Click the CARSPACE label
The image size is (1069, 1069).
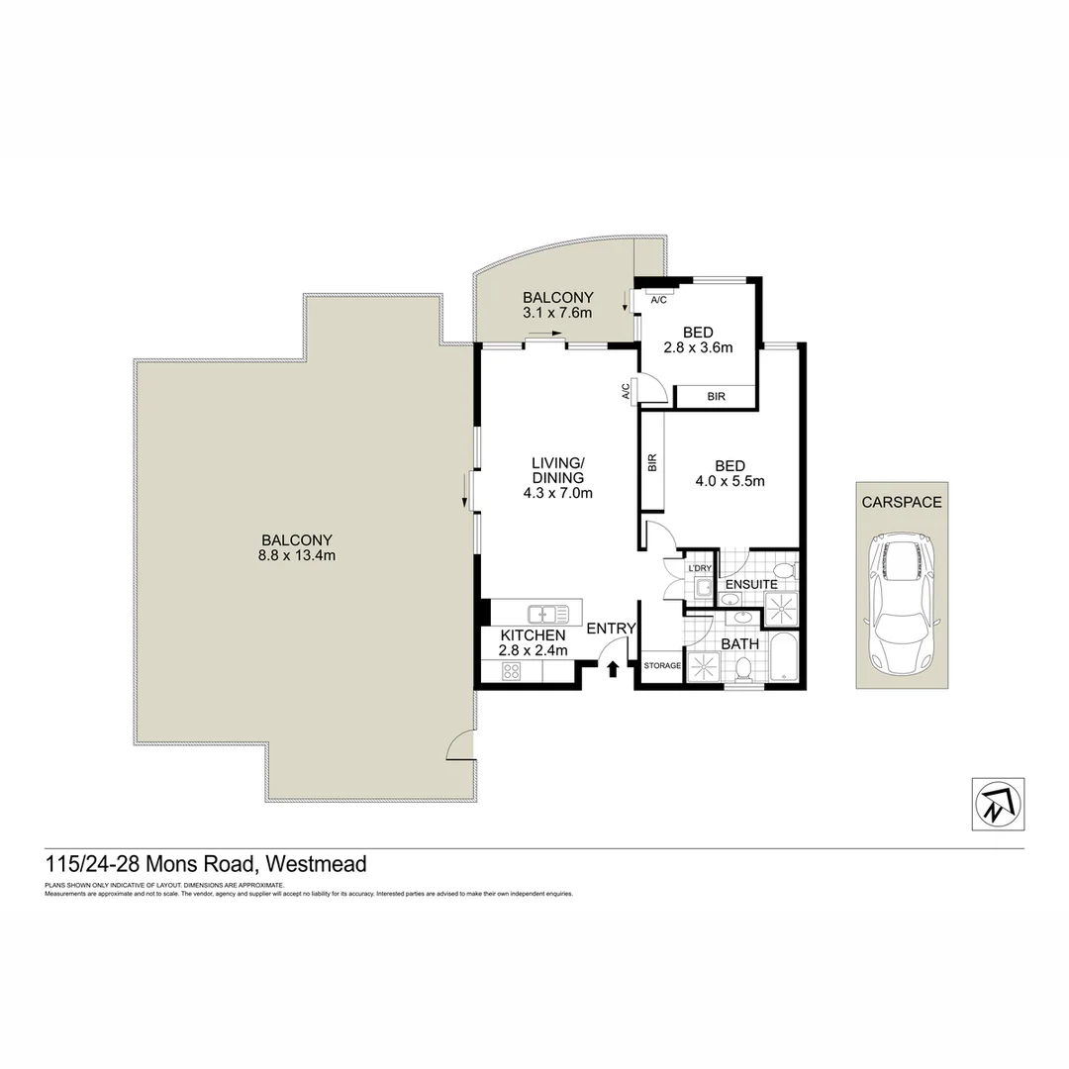(901, 502)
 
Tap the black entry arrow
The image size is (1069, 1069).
(612, 669)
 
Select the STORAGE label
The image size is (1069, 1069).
(662, 666)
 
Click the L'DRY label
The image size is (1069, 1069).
(700, 568)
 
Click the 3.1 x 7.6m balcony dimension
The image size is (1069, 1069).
(557, 314)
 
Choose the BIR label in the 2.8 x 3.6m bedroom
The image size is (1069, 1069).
(716, 396)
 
